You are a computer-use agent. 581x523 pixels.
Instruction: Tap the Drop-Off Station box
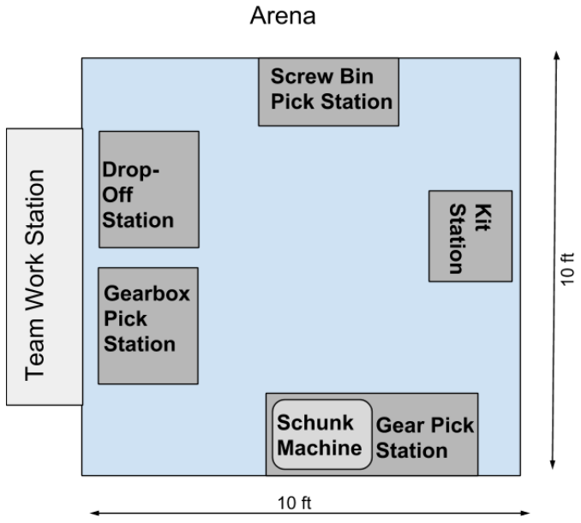coord(149,189)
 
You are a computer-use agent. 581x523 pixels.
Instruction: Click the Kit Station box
coord(470,235)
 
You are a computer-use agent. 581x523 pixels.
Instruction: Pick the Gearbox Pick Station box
coord(149,325)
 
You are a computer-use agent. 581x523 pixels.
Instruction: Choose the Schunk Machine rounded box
coord(322,434)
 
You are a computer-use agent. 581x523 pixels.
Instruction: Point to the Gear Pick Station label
coord(425,437)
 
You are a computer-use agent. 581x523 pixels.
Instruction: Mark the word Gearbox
coord(146,293)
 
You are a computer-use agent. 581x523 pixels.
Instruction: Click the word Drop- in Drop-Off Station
coord(132,169)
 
